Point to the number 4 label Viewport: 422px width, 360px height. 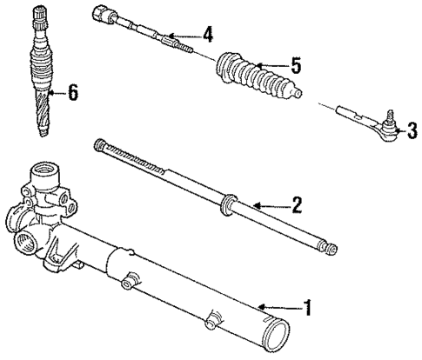[x=207, y=35]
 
